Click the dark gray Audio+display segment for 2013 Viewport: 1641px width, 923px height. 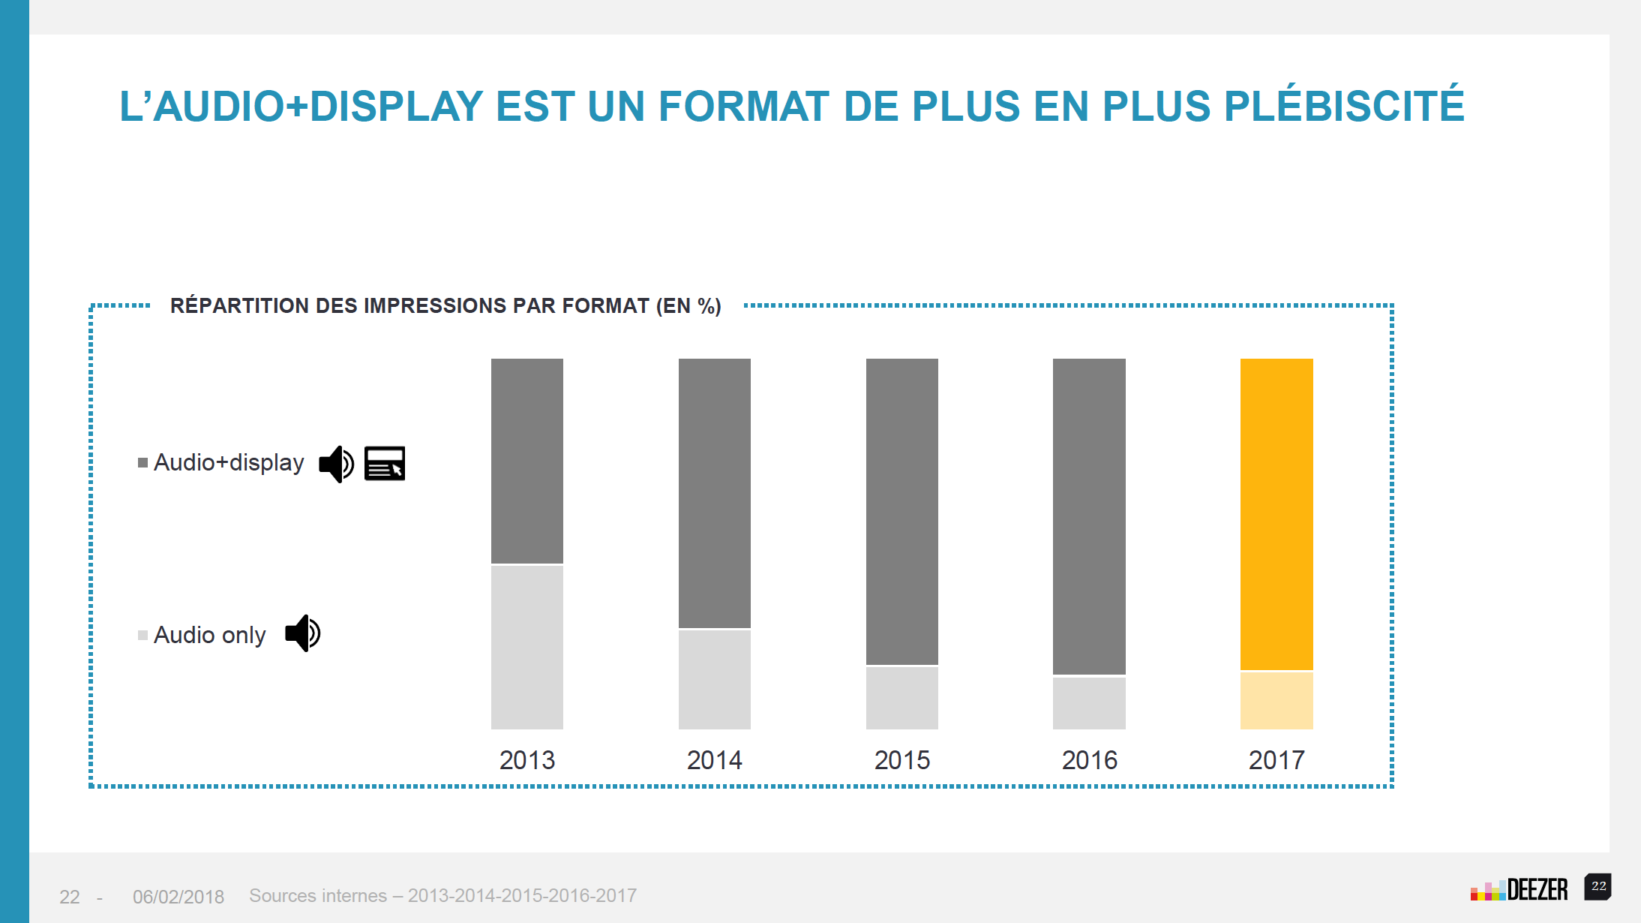click(527, 461)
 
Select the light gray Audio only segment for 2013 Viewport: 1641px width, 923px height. click(527, 647)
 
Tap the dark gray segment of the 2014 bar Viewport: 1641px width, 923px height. click(715, 493)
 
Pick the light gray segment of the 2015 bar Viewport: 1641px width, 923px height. click(902, 697)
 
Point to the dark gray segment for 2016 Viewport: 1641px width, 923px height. click(1089, 516)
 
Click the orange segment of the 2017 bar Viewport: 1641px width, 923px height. click(1276, 514)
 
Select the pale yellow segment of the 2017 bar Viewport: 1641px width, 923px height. click(1276, 700)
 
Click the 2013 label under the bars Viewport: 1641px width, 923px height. click(527, 760)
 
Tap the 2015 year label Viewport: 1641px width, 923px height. click(902, 760)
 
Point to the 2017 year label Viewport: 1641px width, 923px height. click(1276, 760)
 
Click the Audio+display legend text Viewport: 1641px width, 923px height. click(229, 463)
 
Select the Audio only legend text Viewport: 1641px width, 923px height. click(209, 636)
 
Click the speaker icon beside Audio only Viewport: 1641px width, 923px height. click(303, 633)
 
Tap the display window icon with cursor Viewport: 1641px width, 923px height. click(385, 463)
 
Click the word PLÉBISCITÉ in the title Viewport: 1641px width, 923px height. click(1344, 106)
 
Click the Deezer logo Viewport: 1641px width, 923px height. click(1519, 890)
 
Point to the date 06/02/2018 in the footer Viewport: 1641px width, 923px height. click(178, 897)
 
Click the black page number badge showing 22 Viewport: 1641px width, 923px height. click(1598, 886)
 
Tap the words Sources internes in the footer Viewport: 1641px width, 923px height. click(318, 896)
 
